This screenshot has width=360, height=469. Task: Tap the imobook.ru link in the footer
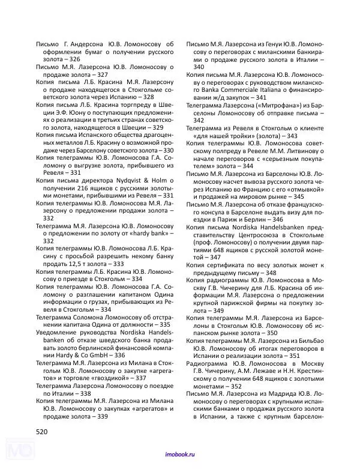[179, 456]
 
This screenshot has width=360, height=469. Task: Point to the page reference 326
[71, 59]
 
